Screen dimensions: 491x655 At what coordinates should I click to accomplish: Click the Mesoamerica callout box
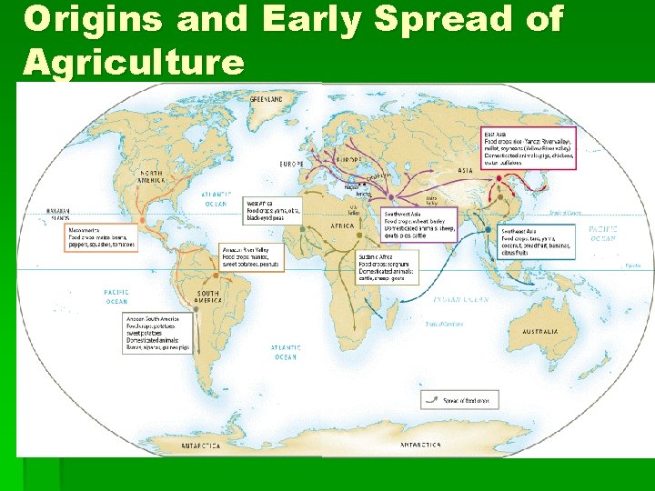pos(101,238)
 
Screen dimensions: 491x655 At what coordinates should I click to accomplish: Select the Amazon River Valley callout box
pos(253,256)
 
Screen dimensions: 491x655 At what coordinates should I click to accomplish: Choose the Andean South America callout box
pos(156,333)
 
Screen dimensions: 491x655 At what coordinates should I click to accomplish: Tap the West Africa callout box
pos(274,210)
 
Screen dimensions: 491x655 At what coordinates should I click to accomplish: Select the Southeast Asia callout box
pos(537,243)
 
